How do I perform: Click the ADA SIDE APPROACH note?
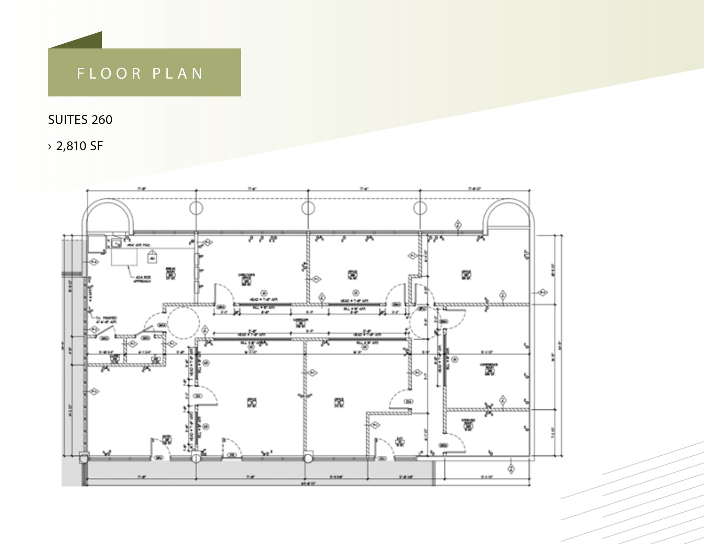pos(142,279)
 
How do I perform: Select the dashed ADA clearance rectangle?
pos(124,256)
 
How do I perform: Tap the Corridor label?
pos(300,322)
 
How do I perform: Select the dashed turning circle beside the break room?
pos(183,323)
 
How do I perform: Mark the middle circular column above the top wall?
pos(308,208)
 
